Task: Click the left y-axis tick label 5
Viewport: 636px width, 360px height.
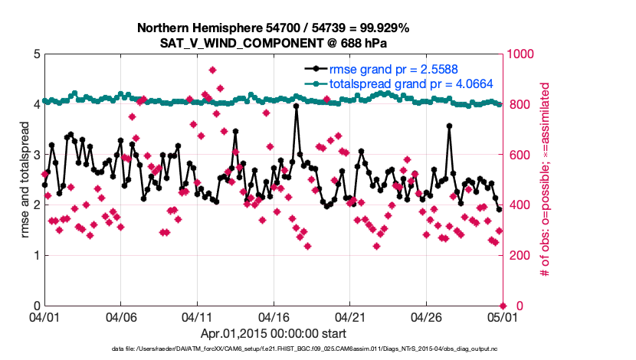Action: [35, 54]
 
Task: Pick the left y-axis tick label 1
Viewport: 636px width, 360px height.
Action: [35, 256]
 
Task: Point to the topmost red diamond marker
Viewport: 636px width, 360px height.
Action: [212, 70]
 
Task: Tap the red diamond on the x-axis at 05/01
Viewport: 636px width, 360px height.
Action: [503, 306]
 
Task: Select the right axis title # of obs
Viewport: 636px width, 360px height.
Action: [546, 180]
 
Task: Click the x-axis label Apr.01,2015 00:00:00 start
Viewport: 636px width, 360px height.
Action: [273, 334]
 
